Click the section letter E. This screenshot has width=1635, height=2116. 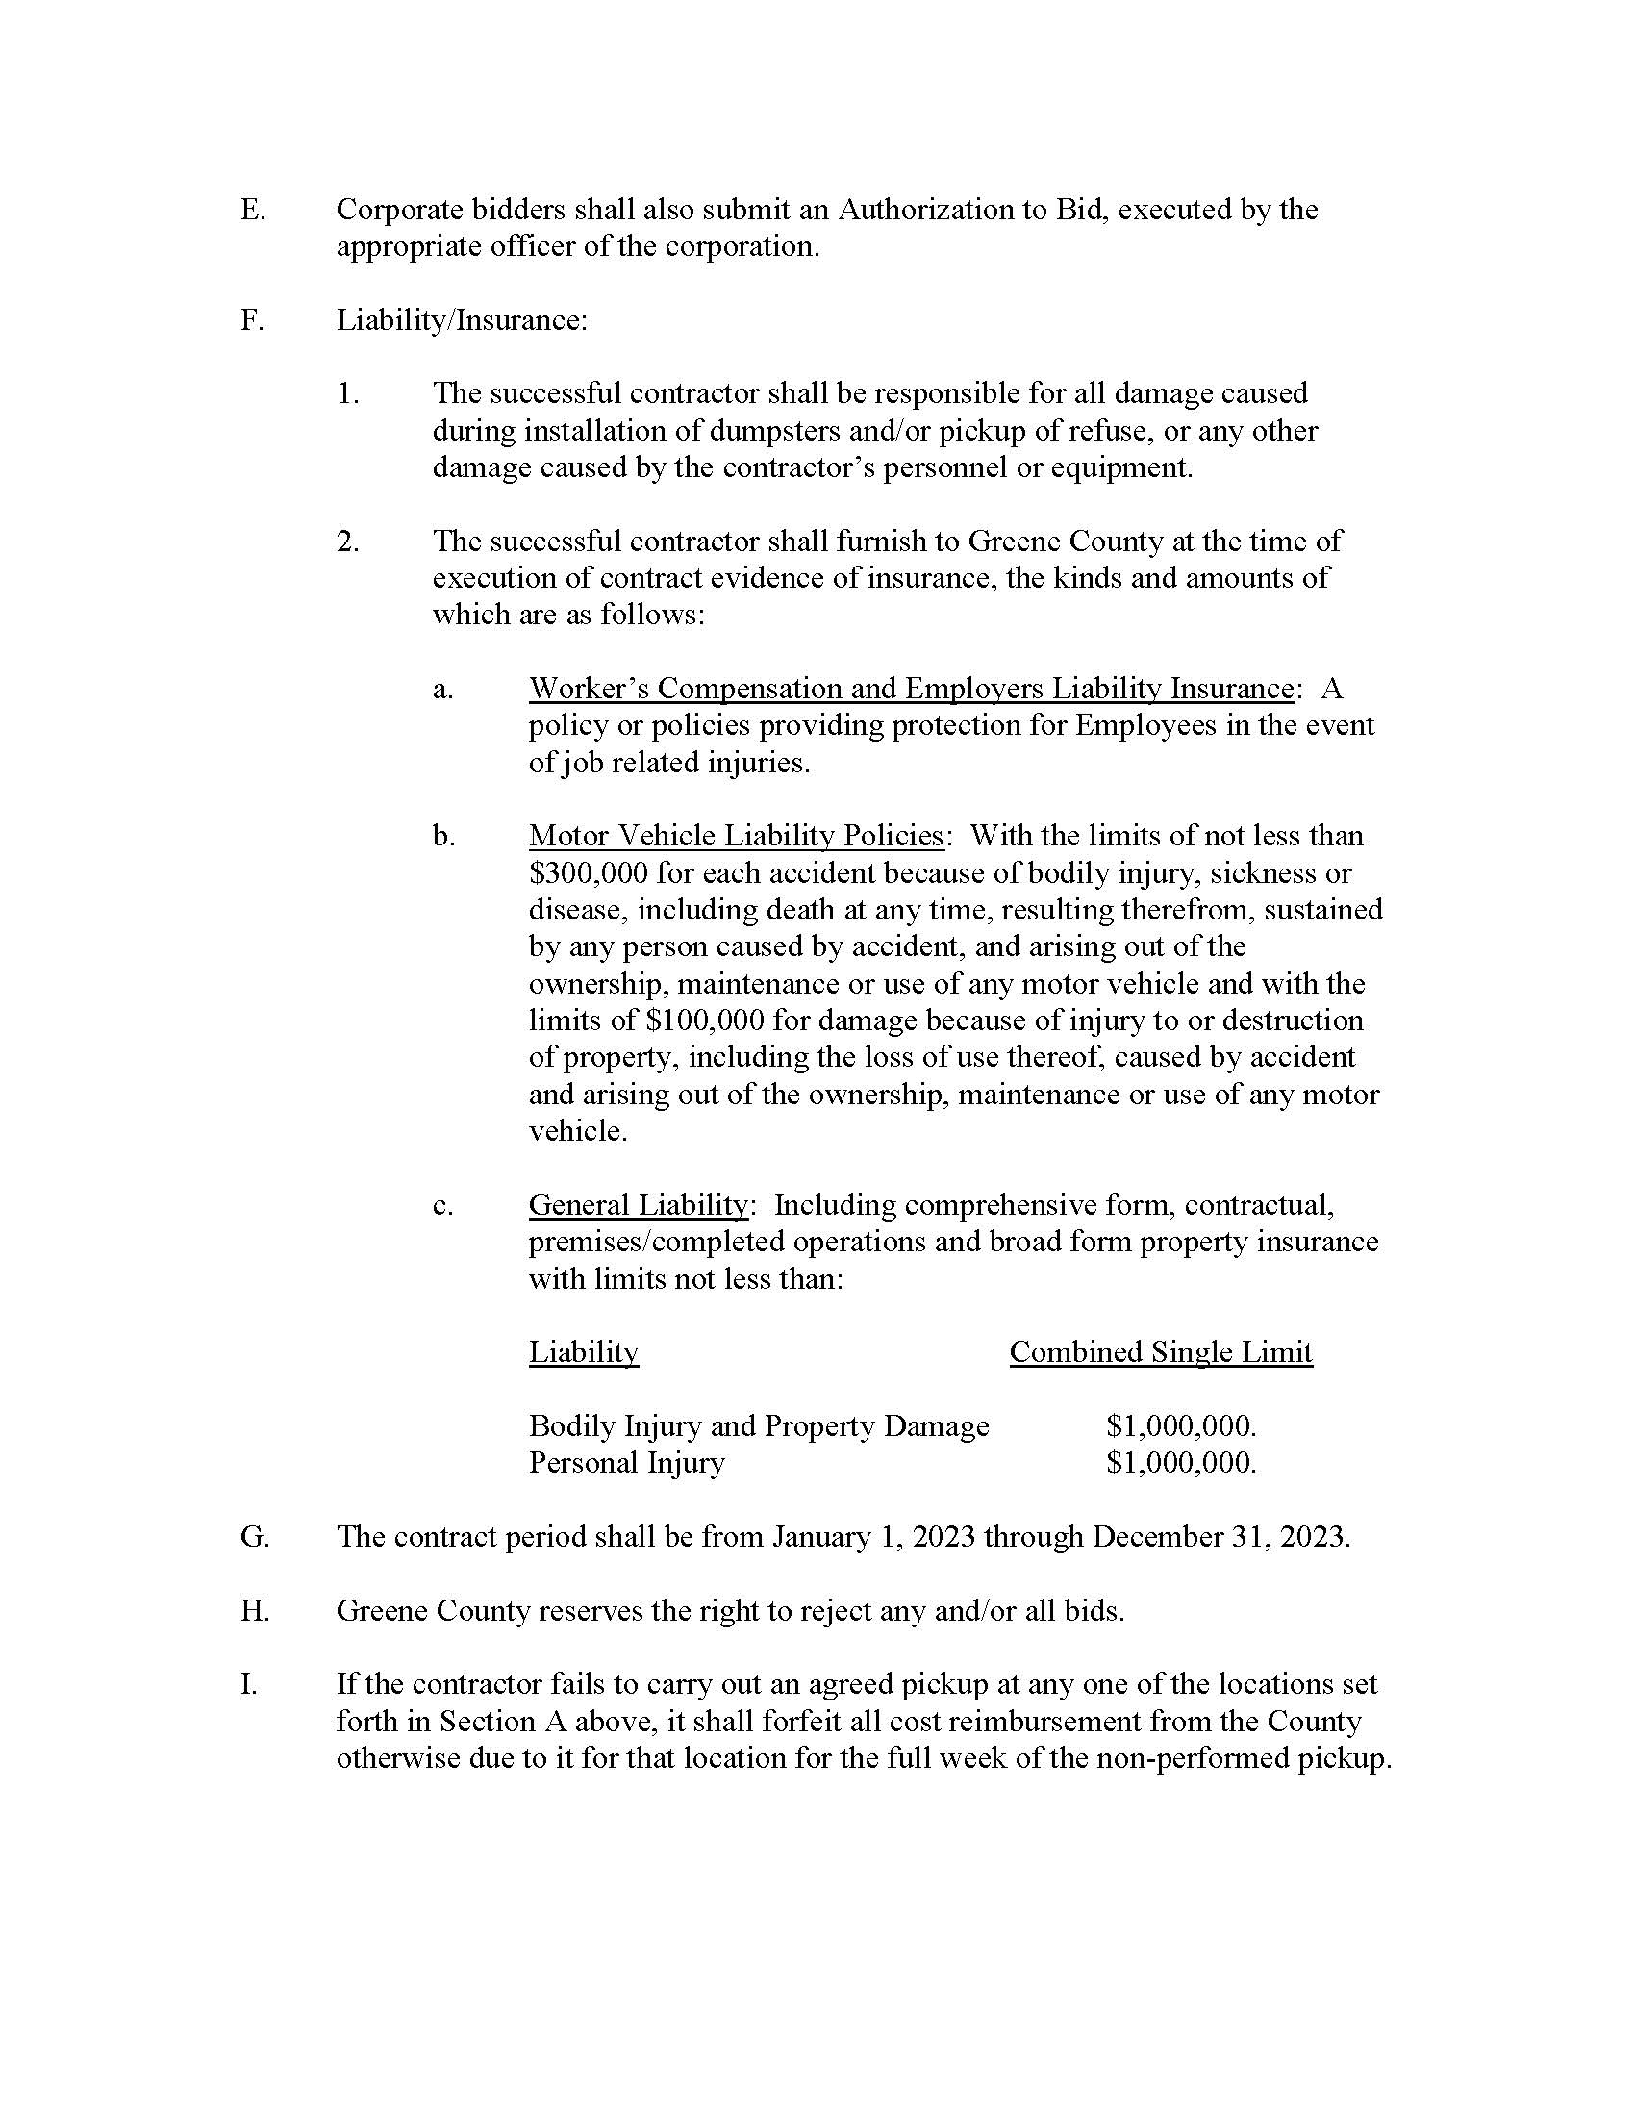pyautogui.click(x=252, y=211)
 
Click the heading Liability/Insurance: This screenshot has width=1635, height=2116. pyautogui.click(x=461, y=320)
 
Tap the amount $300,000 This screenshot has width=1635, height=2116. pyautogui.click(x=588, y=874)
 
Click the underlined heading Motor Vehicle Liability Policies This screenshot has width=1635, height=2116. pyautogui.click(x=735, y=836)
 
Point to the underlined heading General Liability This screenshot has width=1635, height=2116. pyautogui.click(x=638, y=1205)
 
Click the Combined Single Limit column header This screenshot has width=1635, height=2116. pyautogui.click(x=1161, y=1352)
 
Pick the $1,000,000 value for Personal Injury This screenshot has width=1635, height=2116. pyautogui.click(x=1180, y=1463)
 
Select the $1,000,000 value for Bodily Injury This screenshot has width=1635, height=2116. pyautogui.click(x=1180, y=1426)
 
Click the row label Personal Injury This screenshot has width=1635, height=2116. pyautogui.click(x=626, y=1463)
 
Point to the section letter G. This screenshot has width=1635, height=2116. pyautogui.click(x=254, y=1538)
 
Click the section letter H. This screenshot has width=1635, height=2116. pyautogui.click(x=254, y=1611)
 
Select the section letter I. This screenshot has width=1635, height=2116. pyautogui.click(x=249, y=1685)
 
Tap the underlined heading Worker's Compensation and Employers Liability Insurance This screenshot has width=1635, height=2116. pyautogui.click(x=911, y=689)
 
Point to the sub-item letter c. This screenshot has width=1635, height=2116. pyautogui.click(x=442, y=1206)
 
